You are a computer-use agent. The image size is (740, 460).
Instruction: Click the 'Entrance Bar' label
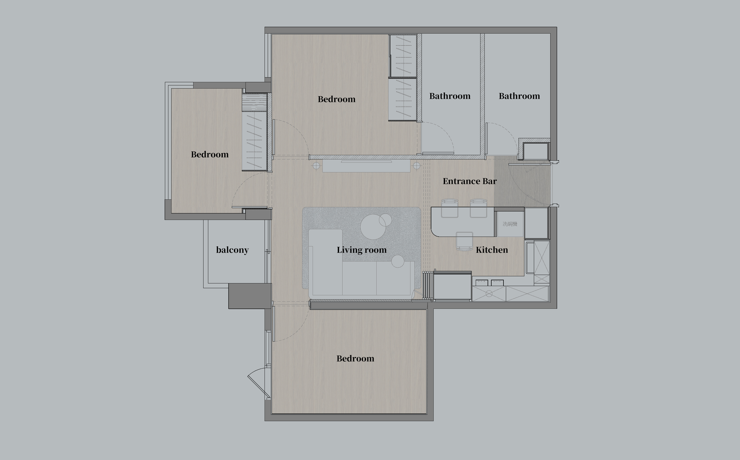pos(470,181)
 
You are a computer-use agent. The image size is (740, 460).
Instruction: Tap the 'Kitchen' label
pos(492,250)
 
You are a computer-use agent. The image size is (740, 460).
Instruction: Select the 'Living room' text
pos(362,250)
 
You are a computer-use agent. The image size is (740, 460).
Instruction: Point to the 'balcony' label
pos(232,250)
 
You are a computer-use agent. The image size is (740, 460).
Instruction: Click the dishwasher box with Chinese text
pos(510,224)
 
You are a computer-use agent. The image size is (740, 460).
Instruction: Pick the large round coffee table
pos(373,227)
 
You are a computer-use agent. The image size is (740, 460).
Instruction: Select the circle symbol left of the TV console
pos(316,166)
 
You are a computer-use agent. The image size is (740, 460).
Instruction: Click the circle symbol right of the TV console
pos(417,166)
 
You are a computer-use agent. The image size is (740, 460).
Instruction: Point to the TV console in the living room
pos(366,166)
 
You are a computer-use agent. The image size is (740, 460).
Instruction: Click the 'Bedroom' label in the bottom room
pos(355,359)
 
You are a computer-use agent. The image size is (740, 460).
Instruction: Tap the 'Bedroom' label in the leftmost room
pos(210,155)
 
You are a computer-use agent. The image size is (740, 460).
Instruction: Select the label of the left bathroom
pos(450,96)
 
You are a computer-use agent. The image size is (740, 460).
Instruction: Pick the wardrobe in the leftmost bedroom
pos(254,141)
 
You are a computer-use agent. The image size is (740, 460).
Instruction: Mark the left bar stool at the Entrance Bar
pos(450,208)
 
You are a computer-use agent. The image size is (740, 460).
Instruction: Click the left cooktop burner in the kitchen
pos(482,283)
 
